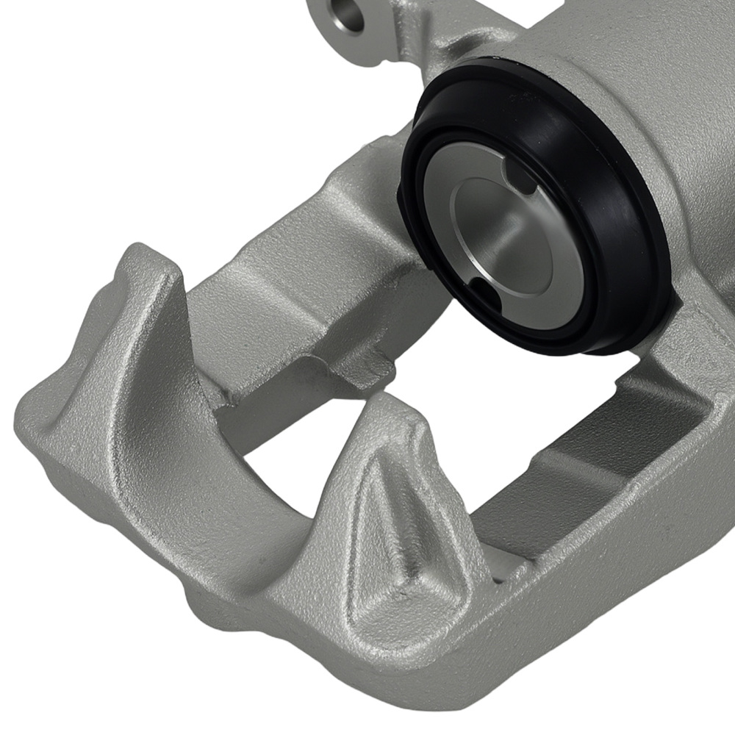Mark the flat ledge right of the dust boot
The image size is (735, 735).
698,323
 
